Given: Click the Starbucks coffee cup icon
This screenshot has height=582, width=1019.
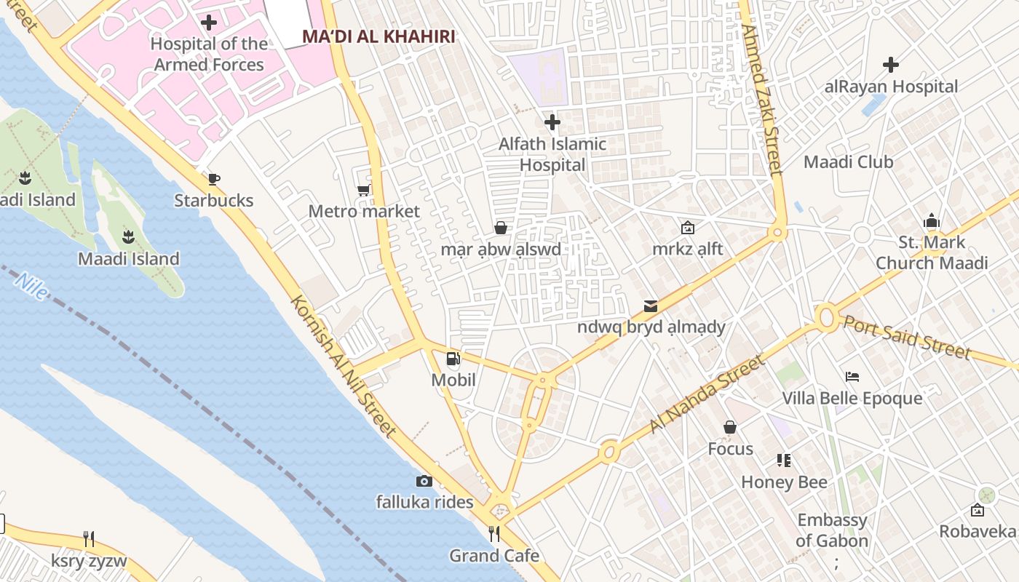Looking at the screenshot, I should [213, 179].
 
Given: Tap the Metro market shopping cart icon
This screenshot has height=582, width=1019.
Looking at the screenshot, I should [363, 191].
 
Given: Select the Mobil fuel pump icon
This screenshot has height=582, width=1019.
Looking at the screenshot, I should [453, 359].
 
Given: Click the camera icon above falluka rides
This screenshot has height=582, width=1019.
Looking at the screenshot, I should [424, 481].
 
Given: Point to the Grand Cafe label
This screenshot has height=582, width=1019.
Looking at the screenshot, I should [494, 556].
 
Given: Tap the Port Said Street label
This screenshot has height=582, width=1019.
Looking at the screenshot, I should [907, 337].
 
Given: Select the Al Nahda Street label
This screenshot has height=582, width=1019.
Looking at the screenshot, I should [707, 394].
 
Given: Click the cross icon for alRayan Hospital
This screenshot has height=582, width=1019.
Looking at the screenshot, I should [891, 65].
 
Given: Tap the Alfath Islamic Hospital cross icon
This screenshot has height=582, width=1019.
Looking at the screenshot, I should [552, 121].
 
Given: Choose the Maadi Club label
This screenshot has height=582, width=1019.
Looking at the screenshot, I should [848, 162].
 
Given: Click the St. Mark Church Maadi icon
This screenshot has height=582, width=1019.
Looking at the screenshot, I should [932, 221].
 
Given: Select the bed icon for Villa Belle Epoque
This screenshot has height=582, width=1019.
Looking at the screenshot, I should [852, 377].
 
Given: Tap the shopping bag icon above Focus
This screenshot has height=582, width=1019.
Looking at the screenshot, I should [730, 427].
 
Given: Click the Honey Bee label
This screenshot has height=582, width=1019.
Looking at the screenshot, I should [784, 482].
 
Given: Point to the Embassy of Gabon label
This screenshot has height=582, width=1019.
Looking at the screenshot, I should [832, 530].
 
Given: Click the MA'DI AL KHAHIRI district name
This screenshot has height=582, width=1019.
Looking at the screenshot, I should [378, 36].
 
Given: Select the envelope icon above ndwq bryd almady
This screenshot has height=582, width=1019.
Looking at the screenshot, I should [651, 306].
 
